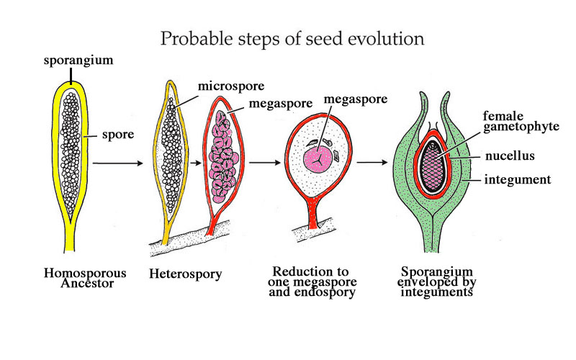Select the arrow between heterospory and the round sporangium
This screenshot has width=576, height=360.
tap(264, 163)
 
